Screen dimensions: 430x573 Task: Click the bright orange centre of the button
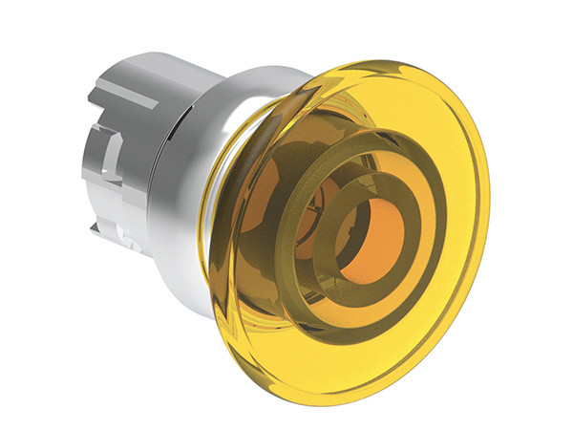374,242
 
